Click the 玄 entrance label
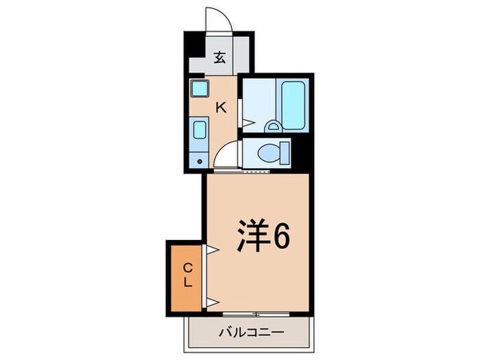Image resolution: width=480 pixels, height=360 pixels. point(219,58)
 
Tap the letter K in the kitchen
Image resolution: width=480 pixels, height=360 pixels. point(221,107)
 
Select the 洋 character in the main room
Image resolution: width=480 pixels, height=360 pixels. point(252,237)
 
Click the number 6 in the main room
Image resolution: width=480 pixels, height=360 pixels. point(281,237)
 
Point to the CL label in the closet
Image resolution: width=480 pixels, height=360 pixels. point(187,276)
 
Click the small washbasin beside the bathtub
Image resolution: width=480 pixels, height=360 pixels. point(273,127)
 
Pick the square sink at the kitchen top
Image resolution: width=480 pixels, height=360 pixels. point(200,89)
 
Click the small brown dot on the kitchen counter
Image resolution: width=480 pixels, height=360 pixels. point(200,162)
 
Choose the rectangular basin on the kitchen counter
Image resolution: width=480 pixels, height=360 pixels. point(200,130)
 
